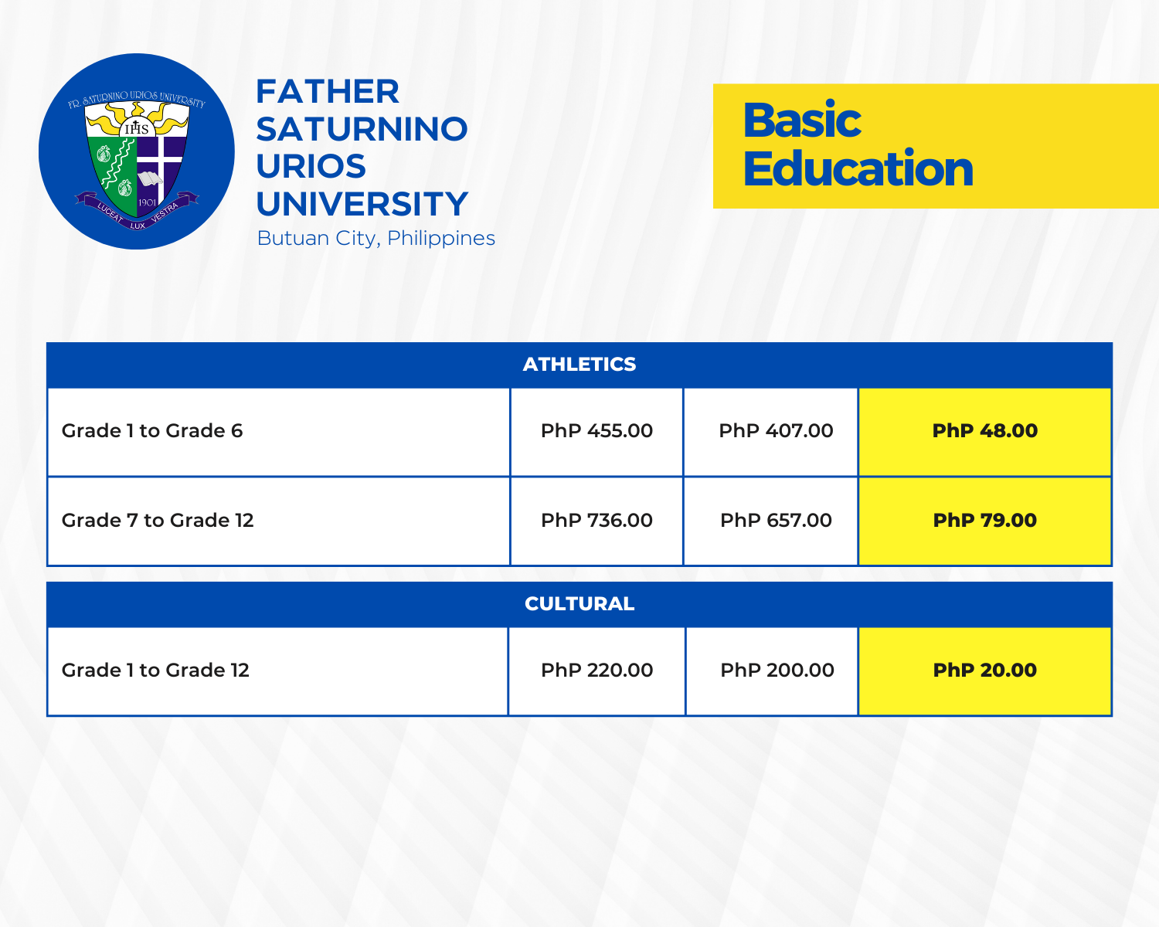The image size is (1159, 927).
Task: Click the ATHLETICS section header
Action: click(579, 365)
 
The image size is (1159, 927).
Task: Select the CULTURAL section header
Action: click(579, 604)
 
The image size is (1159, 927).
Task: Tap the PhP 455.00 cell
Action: click(596, 431)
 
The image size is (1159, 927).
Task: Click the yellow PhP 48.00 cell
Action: click(985, 431)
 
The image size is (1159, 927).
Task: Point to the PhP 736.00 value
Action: click(596, 521)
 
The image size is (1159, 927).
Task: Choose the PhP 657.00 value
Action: click(776, 521)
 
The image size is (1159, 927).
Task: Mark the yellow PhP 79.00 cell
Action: click(985, 521)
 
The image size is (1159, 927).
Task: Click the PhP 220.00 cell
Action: click(596, 671)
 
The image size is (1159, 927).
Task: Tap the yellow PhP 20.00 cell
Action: click(985, 671)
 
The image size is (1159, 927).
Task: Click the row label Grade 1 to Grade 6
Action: click(152, 431)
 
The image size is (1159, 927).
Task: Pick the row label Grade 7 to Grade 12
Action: click(158, 521)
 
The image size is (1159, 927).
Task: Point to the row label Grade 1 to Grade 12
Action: click(155, 671)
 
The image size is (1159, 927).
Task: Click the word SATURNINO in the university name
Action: click(362, 129)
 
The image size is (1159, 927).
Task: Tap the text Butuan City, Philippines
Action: click(376, 238)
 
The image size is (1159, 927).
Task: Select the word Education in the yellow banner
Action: click(858, 169)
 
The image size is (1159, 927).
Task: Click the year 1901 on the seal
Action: click(147, 202)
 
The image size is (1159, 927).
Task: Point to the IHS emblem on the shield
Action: click(137, 127)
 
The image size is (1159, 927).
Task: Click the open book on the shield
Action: click(150, 178)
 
